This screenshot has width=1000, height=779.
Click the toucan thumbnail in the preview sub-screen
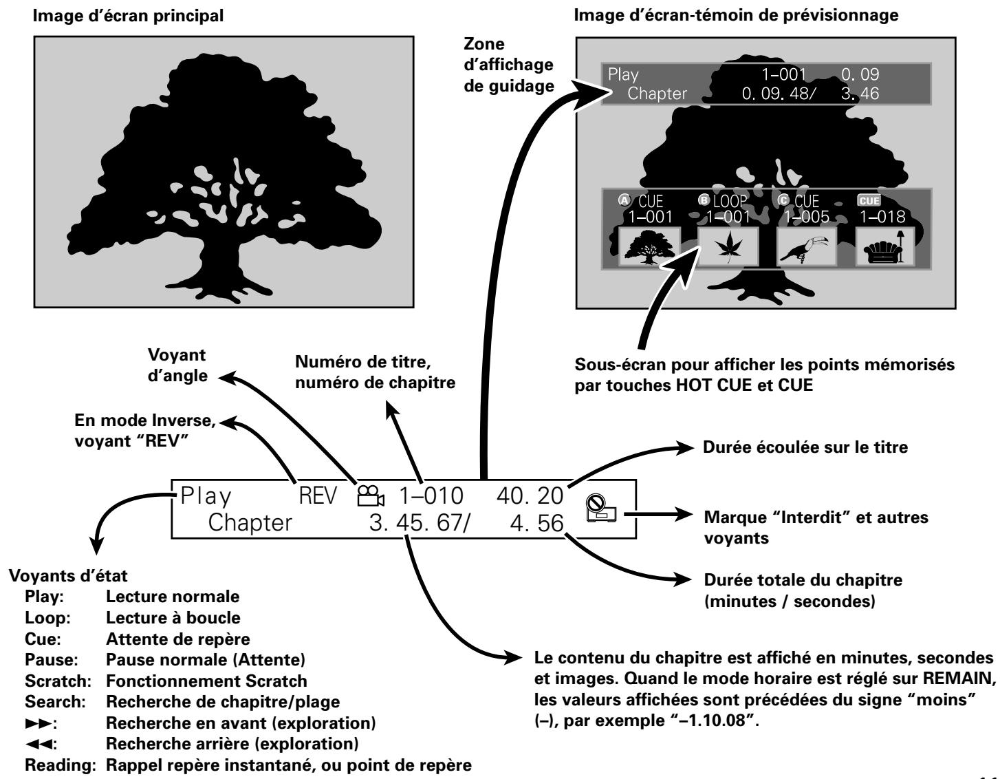806,246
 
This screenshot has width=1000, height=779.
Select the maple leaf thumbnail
728,246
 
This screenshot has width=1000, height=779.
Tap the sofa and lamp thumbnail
884,246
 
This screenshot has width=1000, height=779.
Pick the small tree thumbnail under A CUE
649,246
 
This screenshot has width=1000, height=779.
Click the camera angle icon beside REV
371,496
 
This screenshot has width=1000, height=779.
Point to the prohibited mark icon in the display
601,508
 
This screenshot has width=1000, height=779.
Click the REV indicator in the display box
318,496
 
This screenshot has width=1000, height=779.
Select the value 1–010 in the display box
431,496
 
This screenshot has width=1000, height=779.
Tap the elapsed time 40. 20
530,496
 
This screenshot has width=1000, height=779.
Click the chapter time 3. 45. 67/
420,524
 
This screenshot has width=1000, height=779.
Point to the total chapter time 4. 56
536,524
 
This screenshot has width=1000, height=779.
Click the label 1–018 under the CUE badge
882,217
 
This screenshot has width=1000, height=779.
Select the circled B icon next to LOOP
704,200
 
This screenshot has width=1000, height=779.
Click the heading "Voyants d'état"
68,576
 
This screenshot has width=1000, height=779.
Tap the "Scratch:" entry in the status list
58,681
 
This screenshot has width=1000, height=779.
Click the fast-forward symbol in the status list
39,723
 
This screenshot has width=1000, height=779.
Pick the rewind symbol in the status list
39,744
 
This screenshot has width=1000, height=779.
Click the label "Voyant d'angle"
177,365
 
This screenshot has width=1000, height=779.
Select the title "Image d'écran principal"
128,16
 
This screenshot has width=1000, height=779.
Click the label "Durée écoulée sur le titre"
805,447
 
